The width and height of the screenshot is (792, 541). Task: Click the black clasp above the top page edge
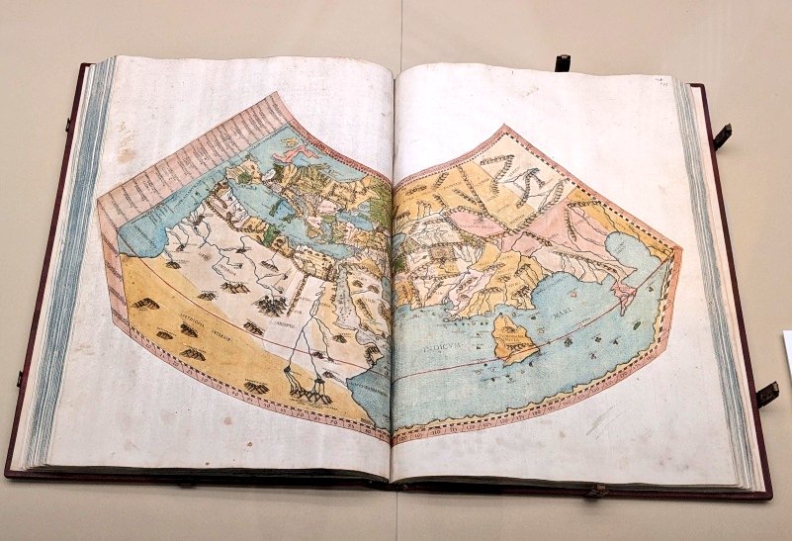click(x=562, y=62)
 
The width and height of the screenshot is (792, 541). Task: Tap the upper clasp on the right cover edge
click(x=723, y=135)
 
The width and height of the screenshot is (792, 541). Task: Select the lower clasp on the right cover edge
click(x=767, y=394)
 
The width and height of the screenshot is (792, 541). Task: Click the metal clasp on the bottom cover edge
click(x=595, y=490)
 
